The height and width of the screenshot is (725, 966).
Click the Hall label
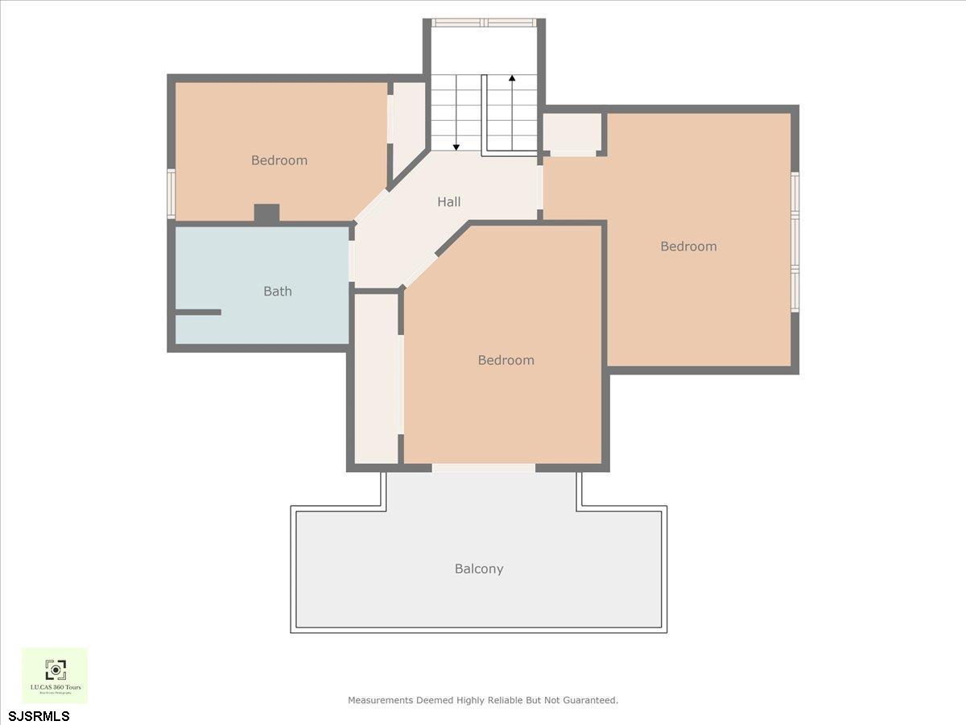(x=449, y=202)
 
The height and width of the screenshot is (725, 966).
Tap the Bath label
(x=278, y=292)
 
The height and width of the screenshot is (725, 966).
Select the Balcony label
(x=479, y=569)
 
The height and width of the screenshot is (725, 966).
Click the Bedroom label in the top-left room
(x=279, y=160)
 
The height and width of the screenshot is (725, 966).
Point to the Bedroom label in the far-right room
(x=688, y=246)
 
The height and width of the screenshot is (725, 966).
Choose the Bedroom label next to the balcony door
(x=506, y=360)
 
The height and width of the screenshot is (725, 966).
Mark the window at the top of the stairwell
(x=484, y=23)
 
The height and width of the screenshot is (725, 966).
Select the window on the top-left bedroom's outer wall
(x=171, y=193)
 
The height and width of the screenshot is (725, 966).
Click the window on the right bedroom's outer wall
(x=795, y=242)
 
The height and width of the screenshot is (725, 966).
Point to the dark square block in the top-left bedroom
(x=266, y=213)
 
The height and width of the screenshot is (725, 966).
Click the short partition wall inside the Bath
(x=198, y=312)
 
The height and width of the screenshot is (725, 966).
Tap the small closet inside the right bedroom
(x=572, y=133)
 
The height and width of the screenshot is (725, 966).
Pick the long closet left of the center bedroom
(x=377, y=379)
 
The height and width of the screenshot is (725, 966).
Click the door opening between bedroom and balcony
(x=483, y=468)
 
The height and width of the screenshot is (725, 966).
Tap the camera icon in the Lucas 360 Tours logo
(x=55, y=669)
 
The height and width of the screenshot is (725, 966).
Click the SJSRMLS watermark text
(x=39, y=715)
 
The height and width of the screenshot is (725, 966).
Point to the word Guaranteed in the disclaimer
(x=587, y=700)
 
